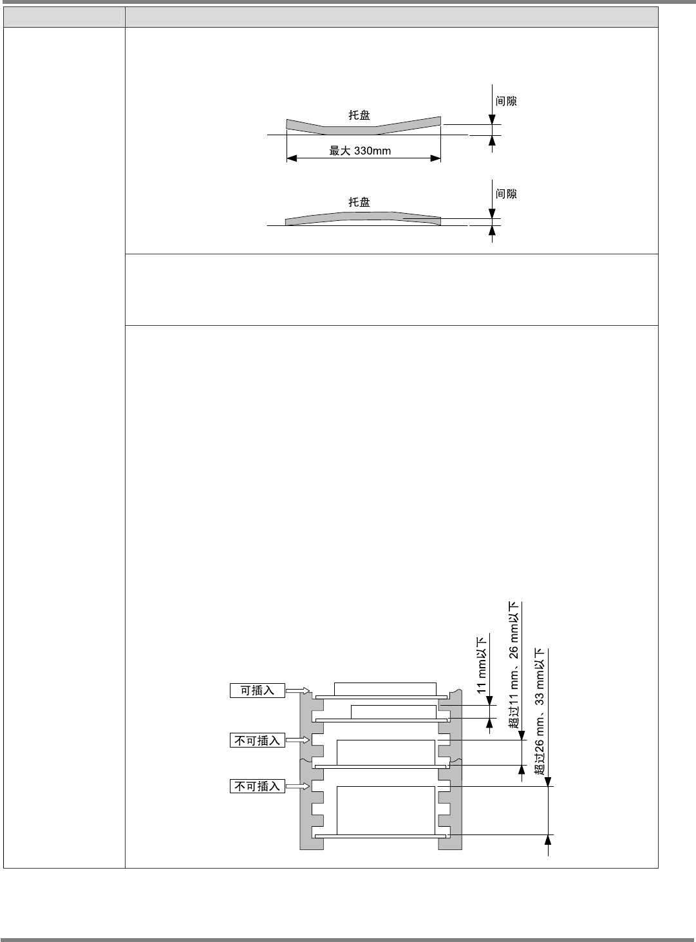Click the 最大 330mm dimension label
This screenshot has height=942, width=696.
point(361,151)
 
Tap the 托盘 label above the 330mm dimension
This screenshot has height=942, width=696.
point(359,115)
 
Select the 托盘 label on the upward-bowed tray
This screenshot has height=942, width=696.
point(359,202)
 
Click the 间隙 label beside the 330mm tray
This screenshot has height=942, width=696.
point(506,101)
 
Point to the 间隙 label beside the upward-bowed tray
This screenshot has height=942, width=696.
point(506,194)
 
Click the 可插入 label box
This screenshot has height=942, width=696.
point(258,691)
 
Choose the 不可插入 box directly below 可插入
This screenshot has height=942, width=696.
point(258,740)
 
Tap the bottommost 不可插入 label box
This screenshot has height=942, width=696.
point(258,786)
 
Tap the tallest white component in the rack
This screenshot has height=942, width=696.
point(386,809)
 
